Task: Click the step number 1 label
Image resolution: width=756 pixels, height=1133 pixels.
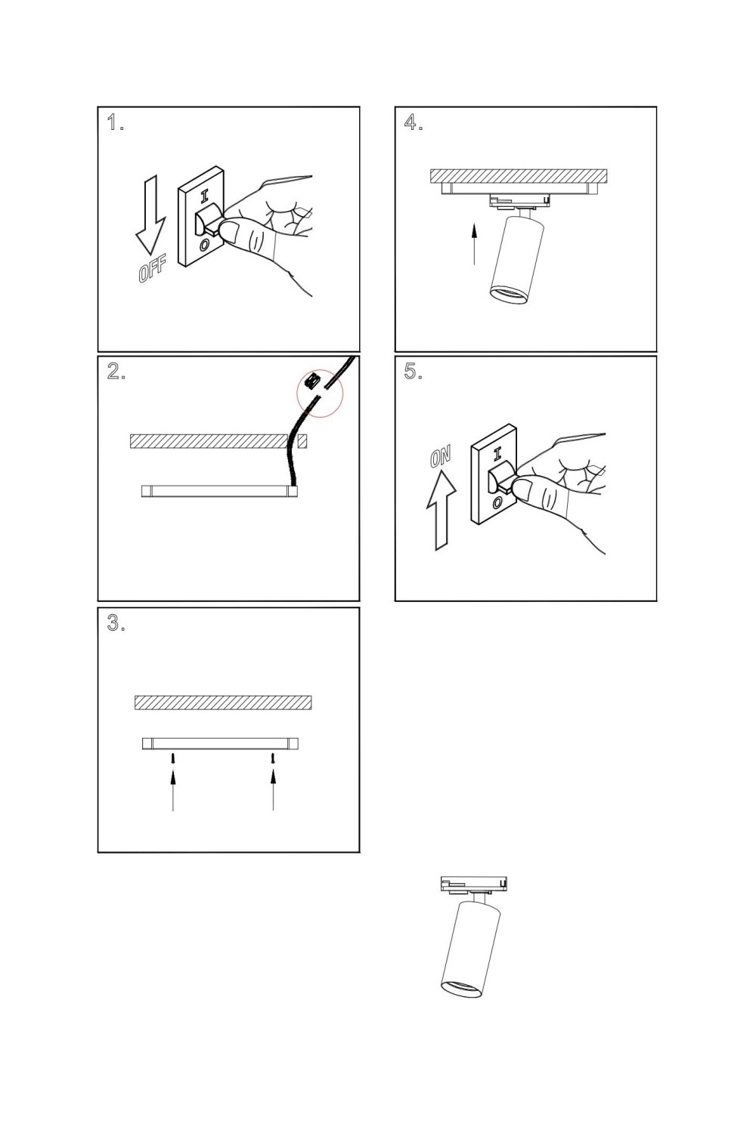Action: pyautogui.click(x=116, y=122)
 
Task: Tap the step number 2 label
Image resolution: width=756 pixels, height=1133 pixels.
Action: pyautogui.click(x=116, y=372)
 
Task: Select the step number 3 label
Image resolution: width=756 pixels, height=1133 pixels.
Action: pyautogui.click(x=116, y=623)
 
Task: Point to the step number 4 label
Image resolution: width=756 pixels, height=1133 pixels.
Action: pyautogui.click(x=414, y=122)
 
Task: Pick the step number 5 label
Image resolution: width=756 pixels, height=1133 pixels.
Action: pyautogui.click(x=414, y=372)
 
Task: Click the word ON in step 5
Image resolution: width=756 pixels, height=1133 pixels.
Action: pyautogui.click(x=440, y=457)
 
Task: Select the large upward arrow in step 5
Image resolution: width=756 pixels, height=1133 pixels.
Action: pyautogui.click(x=442, y=510)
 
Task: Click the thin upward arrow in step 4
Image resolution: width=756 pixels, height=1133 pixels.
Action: pyautogui.click(x=474, y=245)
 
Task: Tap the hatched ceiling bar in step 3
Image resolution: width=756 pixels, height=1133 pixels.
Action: pyautogui.click(x=223, y=702)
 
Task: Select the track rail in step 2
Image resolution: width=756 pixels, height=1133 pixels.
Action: pyautogui.click(x=220, y=491)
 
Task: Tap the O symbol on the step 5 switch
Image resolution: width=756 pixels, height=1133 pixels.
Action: pyautogui.click(x=497, y=503)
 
